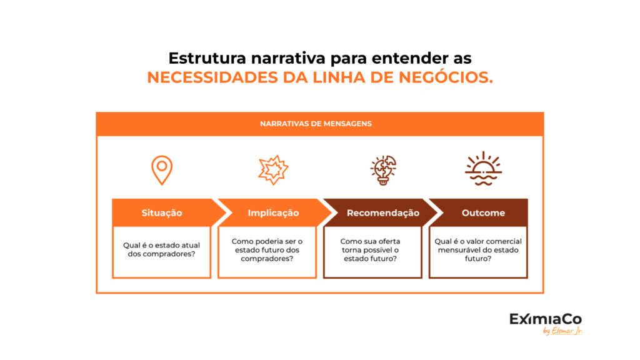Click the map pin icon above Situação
click(x=162, y=170)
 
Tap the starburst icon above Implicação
click(x=273, y=170)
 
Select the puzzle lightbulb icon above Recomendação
click(x=383, y=170)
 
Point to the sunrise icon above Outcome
click(x=483, y=169)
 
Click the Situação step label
click(x=162, y=212)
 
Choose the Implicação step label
click(x=273, y=212)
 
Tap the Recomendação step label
click(x=383, y=212)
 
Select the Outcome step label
click(x=483, y=212)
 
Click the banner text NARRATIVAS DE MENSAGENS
click(x=316, y=124)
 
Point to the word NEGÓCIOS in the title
click(x=446, y=77)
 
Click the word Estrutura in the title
click(x=207, y=58)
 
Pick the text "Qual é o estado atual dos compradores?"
click(x=162, y=249)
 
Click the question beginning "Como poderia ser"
click(x=267, y=250)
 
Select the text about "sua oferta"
click(x=370, y=250)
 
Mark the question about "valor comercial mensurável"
click(x=478, y=250)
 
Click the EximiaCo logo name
click(x=545, y=319)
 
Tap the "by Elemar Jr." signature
click(x=563, y=331)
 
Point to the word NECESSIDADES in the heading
click(x=212, y=77)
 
